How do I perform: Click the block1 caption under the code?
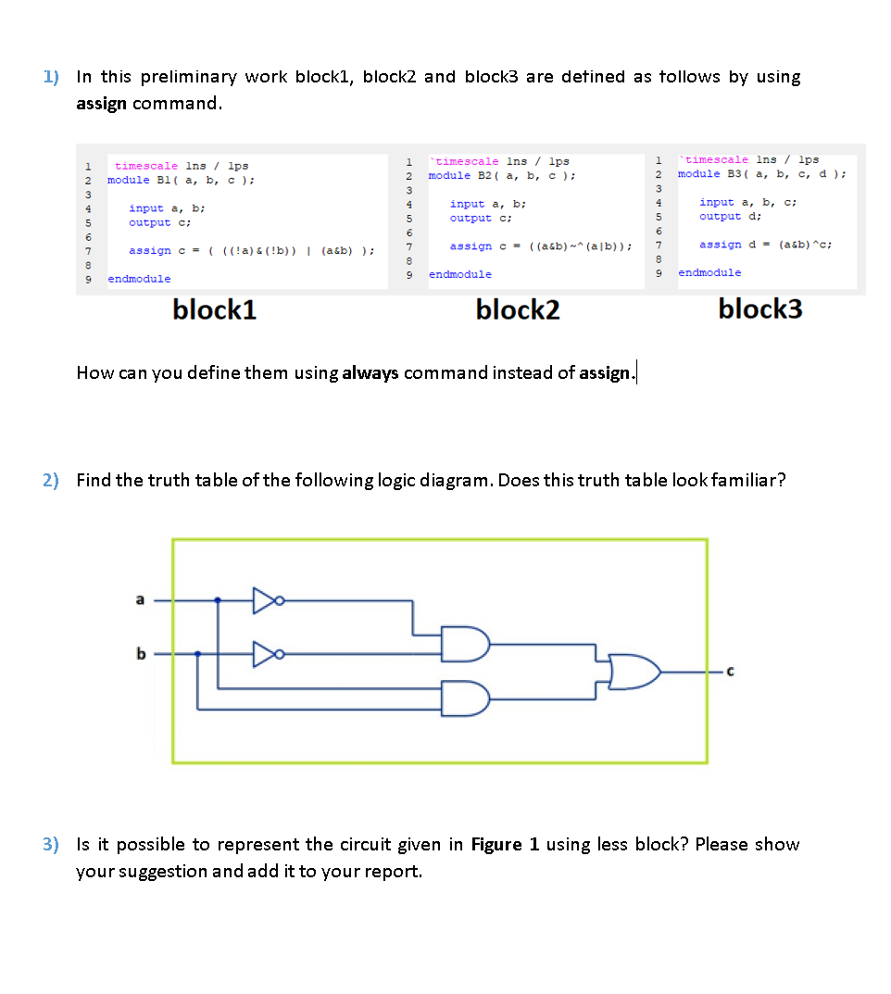click(214, 310)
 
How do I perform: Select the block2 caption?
click(518, 310)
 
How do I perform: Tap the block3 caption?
click(760, 309)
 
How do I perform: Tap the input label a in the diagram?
click(141, 600)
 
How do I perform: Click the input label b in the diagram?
click(141, 655)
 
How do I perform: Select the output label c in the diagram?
click(731, 673)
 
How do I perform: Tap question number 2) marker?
click(51, 480)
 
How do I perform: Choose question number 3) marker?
click(51, 844)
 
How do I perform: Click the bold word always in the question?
click(370, 373)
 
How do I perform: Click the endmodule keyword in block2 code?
click(460, 274)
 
